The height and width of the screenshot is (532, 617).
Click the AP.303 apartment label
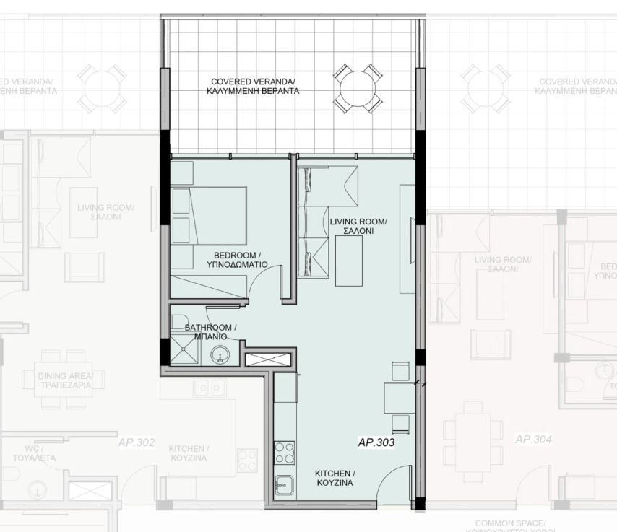tap(376, 442)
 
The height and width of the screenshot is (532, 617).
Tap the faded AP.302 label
tap(136, 442)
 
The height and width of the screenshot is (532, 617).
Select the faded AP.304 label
tap(533, 439)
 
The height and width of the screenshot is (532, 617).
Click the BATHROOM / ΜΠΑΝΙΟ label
tap(210, 332)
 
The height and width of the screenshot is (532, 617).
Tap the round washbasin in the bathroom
tap(220, 354)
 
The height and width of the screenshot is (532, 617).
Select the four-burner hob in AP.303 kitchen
tap(285, 453)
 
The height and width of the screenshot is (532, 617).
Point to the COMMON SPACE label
tap(510, 523)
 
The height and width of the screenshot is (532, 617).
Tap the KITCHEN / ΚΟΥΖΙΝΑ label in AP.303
tap(334, 478)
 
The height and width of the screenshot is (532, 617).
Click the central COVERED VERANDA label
tap(253, 87)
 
